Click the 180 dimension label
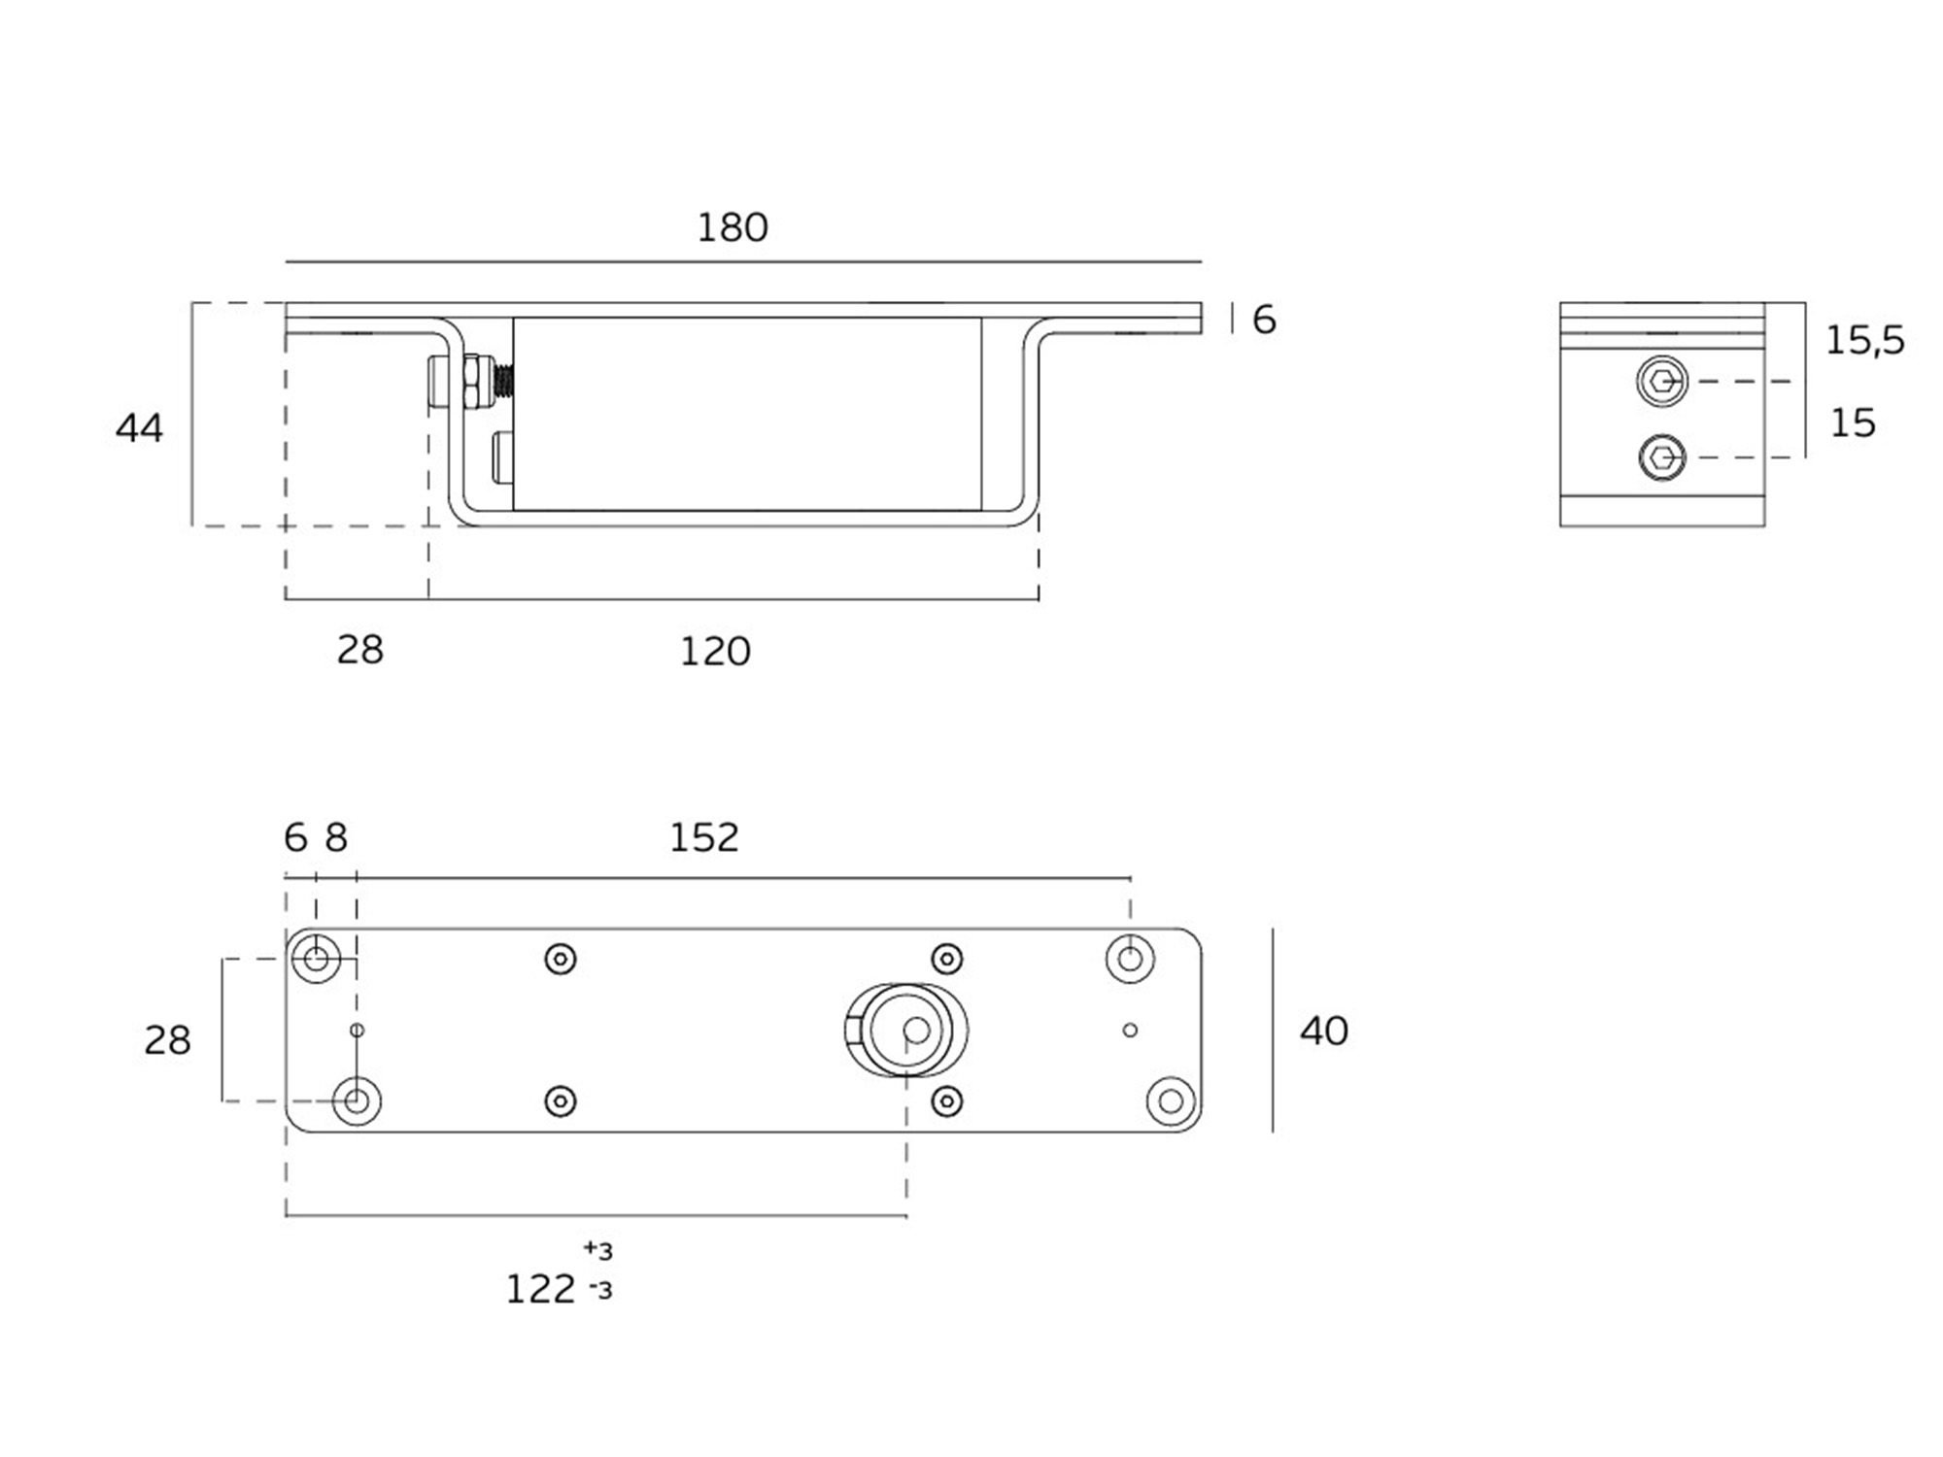pos(733,227)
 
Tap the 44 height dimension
pos(139,428)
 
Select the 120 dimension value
pos(715,651)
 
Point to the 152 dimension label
pos(704,837)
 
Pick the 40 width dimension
pos(1324,1031)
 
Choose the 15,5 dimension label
pos(1865,340)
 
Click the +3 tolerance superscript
pos(598,1249)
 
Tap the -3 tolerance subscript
pos(601,1291)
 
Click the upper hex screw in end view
pos(1662,381)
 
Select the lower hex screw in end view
pos(1662,457)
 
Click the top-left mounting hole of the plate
pos(317,960)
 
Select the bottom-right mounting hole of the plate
pos(1171,1101)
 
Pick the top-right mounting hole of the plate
pos(1130,960)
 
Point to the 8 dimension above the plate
pos(336,837)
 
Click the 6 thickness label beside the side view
pos(1264,320)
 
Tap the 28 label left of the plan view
pos(167,1040)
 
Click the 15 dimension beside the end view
pos(1853,423)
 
